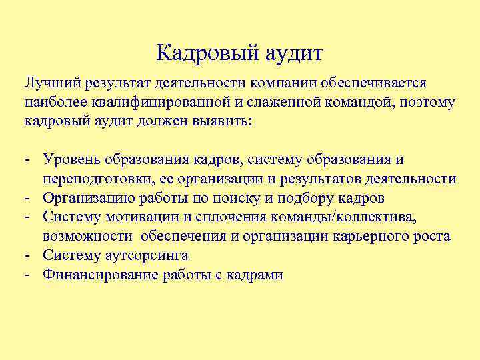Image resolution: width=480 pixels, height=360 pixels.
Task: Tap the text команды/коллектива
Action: point(336,217)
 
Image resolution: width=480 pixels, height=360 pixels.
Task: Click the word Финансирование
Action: point(100,274)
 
